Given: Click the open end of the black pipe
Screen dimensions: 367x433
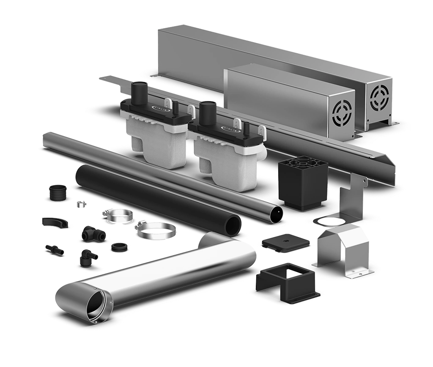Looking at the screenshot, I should (233, 225).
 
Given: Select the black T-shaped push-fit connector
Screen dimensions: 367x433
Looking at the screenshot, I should (89, 231).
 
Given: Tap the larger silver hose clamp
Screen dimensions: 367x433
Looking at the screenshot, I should (156, 230).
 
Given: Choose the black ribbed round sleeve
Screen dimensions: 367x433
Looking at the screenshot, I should (58, 193).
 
